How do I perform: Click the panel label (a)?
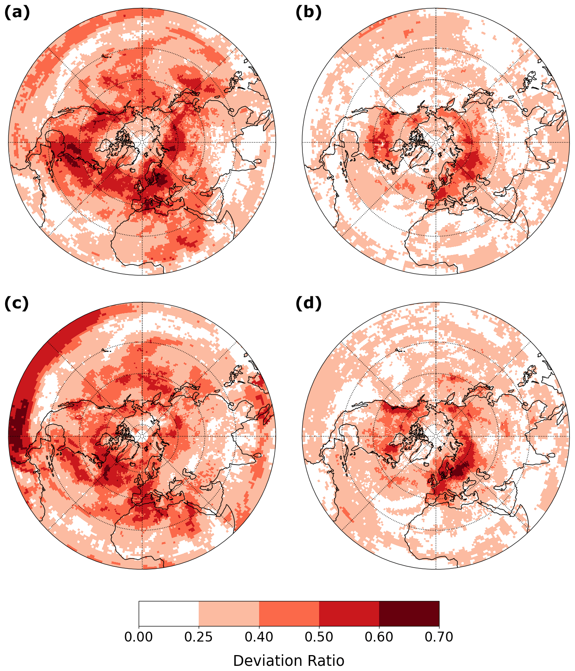(x=17, y=13)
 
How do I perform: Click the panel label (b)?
(x=308, y=13)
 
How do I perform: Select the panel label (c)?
(x=17, y=303)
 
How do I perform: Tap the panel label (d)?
(x=308, y=303)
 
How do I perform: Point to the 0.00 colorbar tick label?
(x=138, y=637)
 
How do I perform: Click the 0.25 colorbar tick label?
(x=199, y=637)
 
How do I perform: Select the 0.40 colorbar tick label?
(x=259, y=637)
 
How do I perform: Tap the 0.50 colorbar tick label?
(x=319, y=637)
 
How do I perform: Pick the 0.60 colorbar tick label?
(x=379, y=637)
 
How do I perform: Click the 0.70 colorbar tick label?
(x=439, y=637)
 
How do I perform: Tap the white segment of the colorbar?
(x=168, y=613)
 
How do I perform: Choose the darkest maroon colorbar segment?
(x=409, y=613)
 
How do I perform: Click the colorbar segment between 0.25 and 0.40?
(x=228, y=613)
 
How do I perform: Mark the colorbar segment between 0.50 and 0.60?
(x=349, y=613)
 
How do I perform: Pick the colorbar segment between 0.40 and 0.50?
(x=289, y=613)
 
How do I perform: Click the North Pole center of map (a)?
(x=142, y=142)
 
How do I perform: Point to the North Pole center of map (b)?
(x=436, y=142)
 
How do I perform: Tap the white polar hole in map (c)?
(x=142, y=436)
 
